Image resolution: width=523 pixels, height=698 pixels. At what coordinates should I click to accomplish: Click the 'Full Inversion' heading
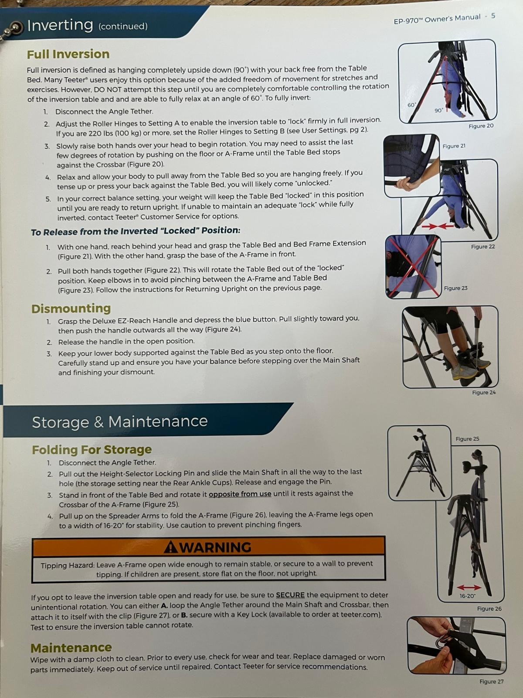pyautogui.click(x=68, y=54)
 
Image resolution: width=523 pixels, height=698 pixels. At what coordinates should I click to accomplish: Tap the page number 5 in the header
pyautogui.click(x=493, y=16)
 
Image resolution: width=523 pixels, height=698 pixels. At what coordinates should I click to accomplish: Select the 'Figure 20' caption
pyautogui.click(x=481, y=126)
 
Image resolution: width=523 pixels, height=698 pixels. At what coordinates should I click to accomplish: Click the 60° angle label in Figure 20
pyautogui.click(x=412, y=105)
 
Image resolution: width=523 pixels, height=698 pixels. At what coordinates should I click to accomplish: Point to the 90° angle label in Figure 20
pyautogui.click(x=438, y=110)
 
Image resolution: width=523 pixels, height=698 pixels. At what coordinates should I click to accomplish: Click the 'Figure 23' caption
pyautogui.click(x=456, y=288)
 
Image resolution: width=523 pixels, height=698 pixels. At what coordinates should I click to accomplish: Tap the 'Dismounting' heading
pyautogui.click(x=71, y=308)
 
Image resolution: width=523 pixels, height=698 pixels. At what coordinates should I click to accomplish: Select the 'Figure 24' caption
pyautogui.click(x=484, y=392)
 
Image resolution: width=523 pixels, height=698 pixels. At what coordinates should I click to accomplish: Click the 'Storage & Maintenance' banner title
pyautogui.click(x=120, y=422)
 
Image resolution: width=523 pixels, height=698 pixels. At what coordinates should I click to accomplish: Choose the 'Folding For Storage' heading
pyautogui.click(x=92, y=450)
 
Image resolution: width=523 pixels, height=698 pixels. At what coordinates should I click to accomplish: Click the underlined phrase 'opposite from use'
pyautogui.click(x=240, y=494)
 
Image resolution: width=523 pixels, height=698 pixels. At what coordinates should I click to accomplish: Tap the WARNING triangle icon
pyautogui.click(x=171, y=547)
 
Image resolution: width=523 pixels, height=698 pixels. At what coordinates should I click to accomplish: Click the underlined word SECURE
pyautogui.click(x=290, y=595)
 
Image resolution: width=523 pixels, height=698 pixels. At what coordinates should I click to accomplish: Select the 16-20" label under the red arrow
pyautogui.click(x=467, y=596)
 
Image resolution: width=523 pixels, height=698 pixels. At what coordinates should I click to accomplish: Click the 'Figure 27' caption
pyautogui.click(x=492, y=681)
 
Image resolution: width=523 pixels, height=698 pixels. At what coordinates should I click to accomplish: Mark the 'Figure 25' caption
pyautogui.click(x=467, y=439)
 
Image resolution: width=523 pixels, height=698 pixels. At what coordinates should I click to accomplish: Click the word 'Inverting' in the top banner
pyautogui.click(x=60, y=25)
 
